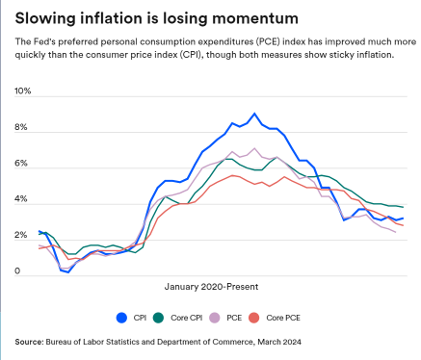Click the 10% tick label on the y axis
[23, 91]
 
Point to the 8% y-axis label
[21, 128]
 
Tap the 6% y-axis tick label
[21, 165]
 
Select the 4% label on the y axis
[21, 200]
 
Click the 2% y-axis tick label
[21, 236]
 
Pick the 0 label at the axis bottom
[17, 271]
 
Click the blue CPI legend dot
[122, 317]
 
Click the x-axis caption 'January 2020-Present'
[217, 286]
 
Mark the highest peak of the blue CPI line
[253, 114]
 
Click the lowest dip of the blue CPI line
[68, 272]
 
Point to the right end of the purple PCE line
[396, 232]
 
